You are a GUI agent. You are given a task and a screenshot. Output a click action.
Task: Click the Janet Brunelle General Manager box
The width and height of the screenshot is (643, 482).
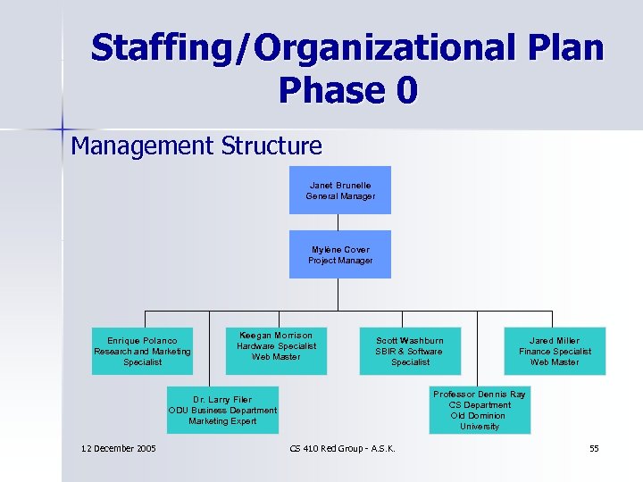point(339,190)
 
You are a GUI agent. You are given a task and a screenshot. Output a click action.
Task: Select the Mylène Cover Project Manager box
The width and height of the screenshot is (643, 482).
point(339,254)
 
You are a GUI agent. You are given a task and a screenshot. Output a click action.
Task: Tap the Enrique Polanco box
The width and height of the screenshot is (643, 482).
point(143,351)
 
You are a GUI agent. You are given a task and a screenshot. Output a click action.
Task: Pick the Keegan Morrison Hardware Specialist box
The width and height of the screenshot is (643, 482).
point(276,351)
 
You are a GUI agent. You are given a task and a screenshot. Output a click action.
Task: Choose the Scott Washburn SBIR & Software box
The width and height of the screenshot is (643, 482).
point(410,351)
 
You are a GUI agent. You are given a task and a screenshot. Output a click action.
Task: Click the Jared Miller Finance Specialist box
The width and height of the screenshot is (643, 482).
point(554,351)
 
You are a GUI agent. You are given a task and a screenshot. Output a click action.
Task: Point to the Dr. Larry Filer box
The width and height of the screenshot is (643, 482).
point(222,410)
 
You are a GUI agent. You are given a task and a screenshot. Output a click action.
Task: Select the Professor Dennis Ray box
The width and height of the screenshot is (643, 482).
point(480,410)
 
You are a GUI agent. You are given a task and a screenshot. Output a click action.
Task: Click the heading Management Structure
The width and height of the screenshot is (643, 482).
point(196,145)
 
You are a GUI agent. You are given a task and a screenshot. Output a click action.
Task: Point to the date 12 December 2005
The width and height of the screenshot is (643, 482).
point(118,448)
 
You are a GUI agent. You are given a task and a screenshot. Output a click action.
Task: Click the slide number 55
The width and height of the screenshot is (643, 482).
point(594,448)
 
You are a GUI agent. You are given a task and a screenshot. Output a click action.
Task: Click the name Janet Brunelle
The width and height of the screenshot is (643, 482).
point(340,185)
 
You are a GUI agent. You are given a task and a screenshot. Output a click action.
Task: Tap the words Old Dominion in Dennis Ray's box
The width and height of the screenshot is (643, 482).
point(480,416)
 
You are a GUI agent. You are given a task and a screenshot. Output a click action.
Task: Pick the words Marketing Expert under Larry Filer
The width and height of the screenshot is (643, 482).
point(222,421)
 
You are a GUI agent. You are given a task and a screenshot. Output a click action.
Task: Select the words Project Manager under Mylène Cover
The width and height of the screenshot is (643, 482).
point(340,261)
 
